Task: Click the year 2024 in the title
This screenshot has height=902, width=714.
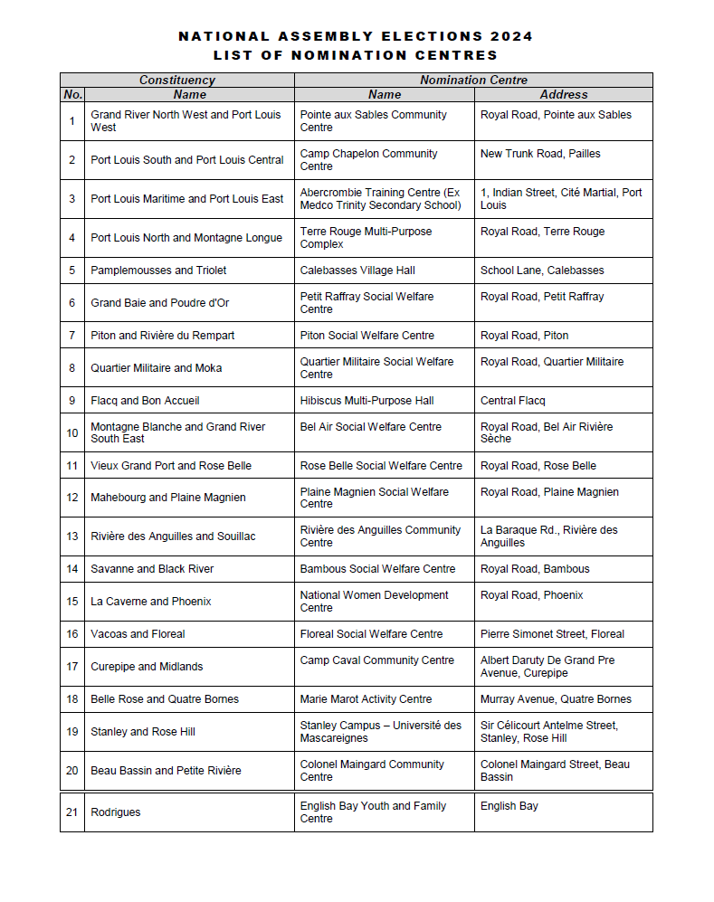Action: pyautogui.click(x=512, y=37)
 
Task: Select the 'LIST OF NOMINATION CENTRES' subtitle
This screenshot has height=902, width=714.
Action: pyautogui.click(x=356, y=55)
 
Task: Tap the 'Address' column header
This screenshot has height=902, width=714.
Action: pyautogui.click(x=563, y=94)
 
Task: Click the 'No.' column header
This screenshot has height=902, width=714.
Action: pyautogui.click(x=72, y=94)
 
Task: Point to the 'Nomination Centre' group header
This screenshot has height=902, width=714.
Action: pyautogui.click(x=473, y=81)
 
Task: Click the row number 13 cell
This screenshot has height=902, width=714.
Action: pyautogui.click(x=72, y=536)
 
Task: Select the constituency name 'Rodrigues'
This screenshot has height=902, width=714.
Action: pyautogui.click(x=116, y=812)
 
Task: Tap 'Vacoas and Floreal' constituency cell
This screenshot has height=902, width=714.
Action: pyautogui.click(x=138, y=634)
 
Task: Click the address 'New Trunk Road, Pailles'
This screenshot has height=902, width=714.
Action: pyautogui.click(x=540, y=154)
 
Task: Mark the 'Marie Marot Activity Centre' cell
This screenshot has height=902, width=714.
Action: pyautogui.click(x=366, y=699)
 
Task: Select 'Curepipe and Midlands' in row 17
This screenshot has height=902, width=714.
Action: pyautogui.click(x=147, y=667)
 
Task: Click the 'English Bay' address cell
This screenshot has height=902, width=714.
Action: pyautogui.click(x=509, y=806)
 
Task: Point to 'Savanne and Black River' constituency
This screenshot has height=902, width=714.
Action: pyautogui.click(x=152, y=569)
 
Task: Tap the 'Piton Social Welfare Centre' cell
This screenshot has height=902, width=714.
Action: pyautogui.click(x=367, y=336)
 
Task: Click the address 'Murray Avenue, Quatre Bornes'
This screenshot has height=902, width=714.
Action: pyautogui.click(x=556, y=699)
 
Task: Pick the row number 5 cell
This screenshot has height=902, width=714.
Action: pyautogui.click(x=72, y=271)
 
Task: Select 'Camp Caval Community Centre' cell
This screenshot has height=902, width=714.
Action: pyautogui.click(x=376, y=660)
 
